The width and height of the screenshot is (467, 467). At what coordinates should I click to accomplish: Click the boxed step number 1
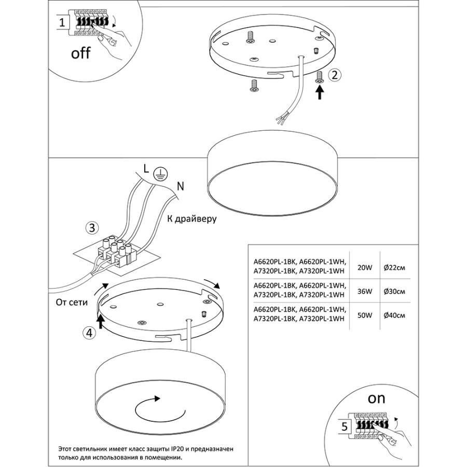[61, 23]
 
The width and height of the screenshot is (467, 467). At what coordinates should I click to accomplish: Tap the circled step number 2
[335, 75]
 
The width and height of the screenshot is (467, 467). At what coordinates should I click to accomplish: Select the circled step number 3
[92, 228]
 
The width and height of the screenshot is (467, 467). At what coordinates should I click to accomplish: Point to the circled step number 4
[90, 333]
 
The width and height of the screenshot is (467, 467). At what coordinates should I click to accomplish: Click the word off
[81, 53]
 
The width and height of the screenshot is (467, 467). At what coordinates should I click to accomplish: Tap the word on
[377, 399]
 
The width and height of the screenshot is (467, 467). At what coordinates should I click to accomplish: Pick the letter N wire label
[179, 185]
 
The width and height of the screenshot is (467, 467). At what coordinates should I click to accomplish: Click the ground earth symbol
[161, 175]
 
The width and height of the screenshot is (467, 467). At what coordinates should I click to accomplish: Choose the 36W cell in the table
[365, 292]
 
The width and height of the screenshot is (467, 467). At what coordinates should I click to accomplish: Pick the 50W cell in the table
[365, 315]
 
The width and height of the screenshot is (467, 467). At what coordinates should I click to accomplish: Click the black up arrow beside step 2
[320, 92]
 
